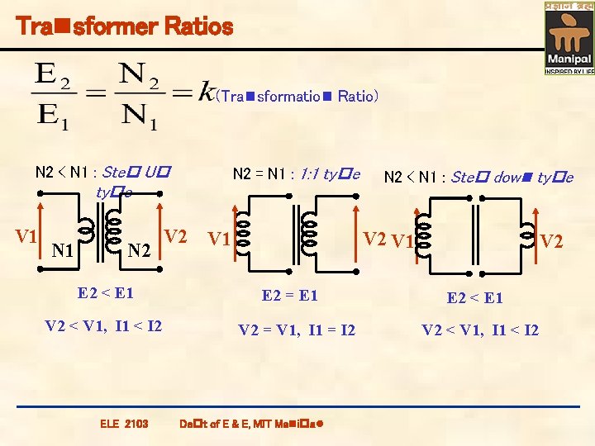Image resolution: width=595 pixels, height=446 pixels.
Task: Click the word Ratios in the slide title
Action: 198,26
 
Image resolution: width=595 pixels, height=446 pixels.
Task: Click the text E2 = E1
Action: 289,295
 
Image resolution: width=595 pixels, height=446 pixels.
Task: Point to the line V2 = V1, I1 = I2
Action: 297,330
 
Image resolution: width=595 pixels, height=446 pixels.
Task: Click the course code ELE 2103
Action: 124,424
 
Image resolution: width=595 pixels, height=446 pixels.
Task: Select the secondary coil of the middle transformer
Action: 311,231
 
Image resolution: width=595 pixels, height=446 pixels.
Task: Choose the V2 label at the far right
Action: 552,241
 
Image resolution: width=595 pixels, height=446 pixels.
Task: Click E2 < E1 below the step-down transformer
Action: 474,297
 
